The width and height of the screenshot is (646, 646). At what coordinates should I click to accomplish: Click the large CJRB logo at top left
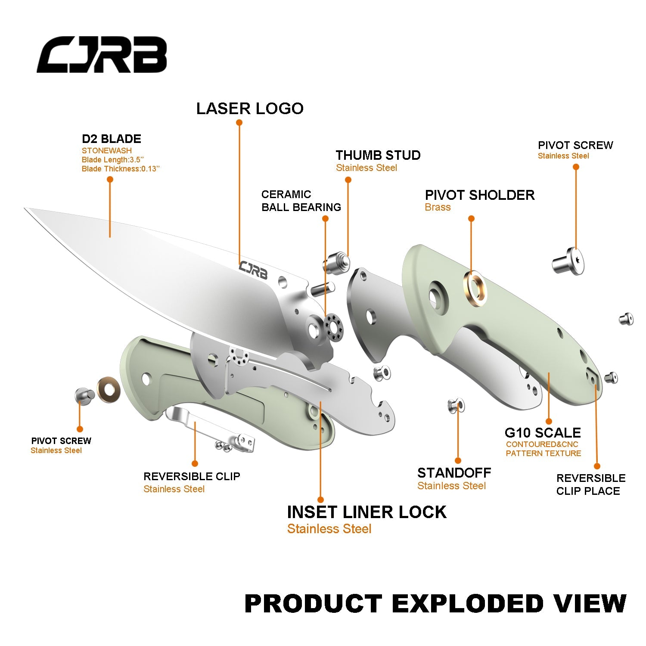tap(102, 55)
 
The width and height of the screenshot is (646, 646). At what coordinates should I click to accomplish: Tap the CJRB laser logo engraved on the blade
tap(253, 270)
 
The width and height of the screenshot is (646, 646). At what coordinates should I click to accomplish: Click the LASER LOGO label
tap(250, 109)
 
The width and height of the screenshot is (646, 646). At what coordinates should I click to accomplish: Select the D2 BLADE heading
tap(112, 139)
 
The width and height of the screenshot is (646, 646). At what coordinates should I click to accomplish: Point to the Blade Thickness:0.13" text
tap(121, 169)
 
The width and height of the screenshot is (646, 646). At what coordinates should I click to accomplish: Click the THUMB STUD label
tap(378, 155)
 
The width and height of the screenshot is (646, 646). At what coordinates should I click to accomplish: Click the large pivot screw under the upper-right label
tap(568, 261)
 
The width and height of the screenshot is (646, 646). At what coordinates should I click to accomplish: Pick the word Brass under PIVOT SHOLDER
tap(438, 207)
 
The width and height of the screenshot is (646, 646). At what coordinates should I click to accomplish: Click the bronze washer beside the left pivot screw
tap(108, 390)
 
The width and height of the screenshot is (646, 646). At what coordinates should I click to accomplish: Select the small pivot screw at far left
tap(84, 394)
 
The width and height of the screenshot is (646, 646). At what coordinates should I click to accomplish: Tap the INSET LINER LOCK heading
tap(366, 512)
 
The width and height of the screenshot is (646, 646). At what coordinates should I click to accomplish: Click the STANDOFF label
tap(454, 473)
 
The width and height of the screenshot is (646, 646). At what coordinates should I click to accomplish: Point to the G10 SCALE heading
tap(543, 432)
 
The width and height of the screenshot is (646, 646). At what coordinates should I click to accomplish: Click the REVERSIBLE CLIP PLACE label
tap(590, 484)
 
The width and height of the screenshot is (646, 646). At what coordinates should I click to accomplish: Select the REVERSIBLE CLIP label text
tap(192, 476)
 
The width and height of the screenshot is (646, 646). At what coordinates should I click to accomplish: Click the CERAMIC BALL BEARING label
tap(301, 201)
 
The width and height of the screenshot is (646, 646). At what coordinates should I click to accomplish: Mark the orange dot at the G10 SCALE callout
tap(549, 421)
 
